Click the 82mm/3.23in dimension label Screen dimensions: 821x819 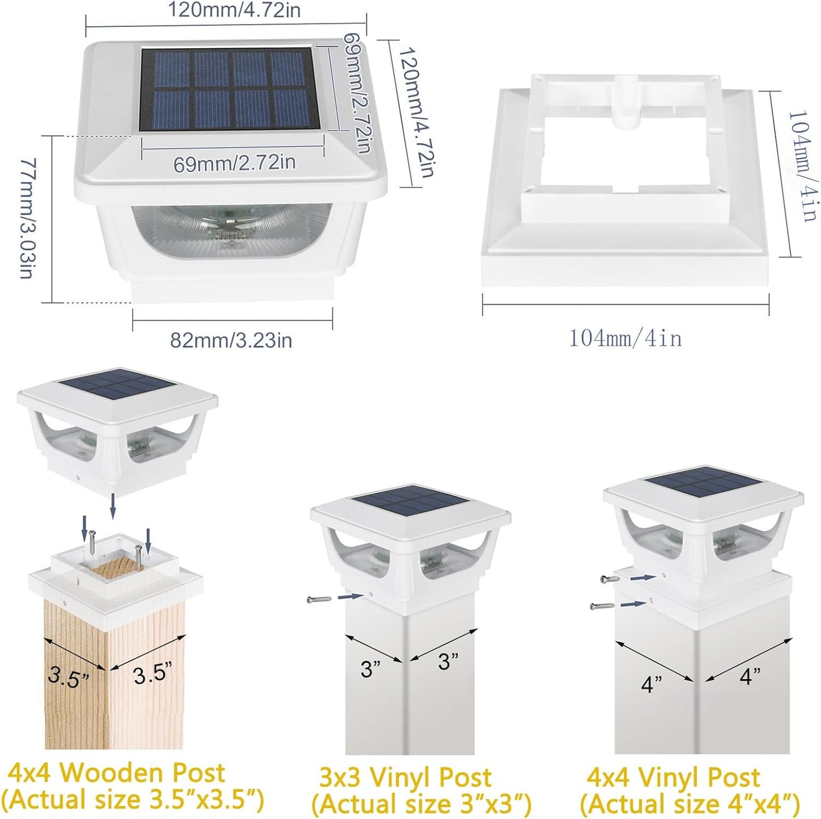pos(231,340)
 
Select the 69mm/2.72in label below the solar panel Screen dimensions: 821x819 pos(234,163)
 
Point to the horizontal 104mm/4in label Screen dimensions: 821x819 pos(626,339)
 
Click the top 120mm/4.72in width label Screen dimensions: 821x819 pos(234,10)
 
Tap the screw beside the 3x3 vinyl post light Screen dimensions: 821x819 pos(319,599)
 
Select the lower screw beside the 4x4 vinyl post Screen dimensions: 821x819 pos(602,605)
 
